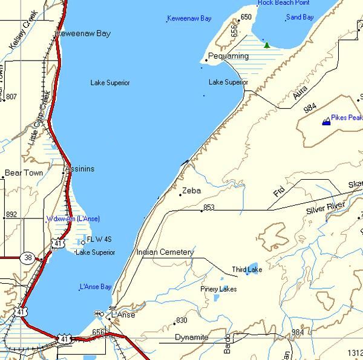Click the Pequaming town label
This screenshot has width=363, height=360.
point(224,56)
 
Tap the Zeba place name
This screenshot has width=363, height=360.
point(191,191)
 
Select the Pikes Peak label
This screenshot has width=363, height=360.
point(347,117)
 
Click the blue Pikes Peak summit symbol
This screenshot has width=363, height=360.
point(327,121)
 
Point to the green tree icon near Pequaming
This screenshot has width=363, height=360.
point(267,45)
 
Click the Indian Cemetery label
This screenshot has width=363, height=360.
point(165,252)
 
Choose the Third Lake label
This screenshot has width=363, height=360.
point(247,269)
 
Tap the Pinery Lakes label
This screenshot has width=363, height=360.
point(219,289)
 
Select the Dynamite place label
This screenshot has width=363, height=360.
point(191,337)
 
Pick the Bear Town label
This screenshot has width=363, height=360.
point(24,173)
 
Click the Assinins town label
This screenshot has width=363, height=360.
point(80,169)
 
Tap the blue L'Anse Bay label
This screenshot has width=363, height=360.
point(96,286)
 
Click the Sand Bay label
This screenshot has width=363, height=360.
point(300,18)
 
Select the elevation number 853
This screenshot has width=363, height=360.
point(209,208)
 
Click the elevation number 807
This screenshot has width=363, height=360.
point(11,97)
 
